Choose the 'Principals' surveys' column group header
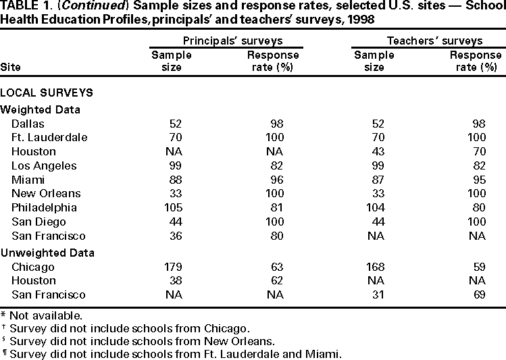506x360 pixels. coord(232,41)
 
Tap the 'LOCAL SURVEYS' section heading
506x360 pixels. coord(47,93)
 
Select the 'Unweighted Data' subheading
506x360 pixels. coord(47,253)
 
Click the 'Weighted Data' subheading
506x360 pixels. coord(40,109)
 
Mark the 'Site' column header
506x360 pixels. coord(11,67)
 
